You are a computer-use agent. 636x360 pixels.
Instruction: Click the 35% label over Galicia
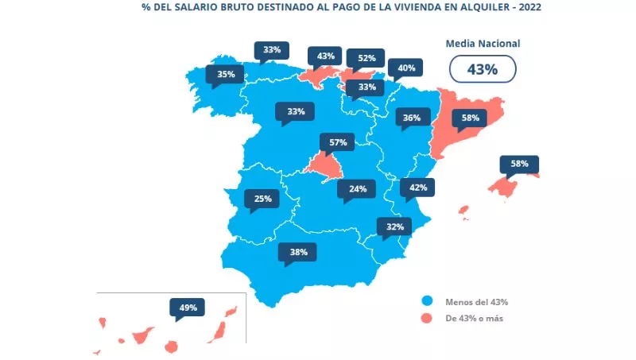225,75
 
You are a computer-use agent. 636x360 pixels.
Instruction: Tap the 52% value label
366,57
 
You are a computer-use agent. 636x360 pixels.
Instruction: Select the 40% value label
406,68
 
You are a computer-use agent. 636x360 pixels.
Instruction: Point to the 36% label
411,118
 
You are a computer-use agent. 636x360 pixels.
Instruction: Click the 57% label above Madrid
338,142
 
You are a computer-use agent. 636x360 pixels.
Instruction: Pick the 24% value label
357,189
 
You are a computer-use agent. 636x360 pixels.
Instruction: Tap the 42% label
418,188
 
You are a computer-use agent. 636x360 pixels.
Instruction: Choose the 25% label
263,199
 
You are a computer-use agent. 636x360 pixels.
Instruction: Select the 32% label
395,226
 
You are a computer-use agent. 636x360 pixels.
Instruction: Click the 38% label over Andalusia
298,253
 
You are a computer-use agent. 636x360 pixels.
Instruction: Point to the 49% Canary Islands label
188,307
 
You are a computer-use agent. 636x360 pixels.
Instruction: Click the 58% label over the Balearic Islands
519,164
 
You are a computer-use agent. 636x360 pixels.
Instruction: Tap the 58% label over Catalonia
469,118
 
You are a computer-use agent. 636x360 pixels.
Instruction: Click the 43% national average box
482,69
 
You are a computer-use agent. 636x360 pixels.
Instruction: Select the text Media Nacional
482,44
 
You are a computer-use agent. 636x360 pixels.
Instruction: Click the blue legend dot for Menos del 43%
427,302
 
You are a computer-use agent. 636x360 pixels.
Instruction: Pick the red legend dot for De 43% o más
427,319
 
